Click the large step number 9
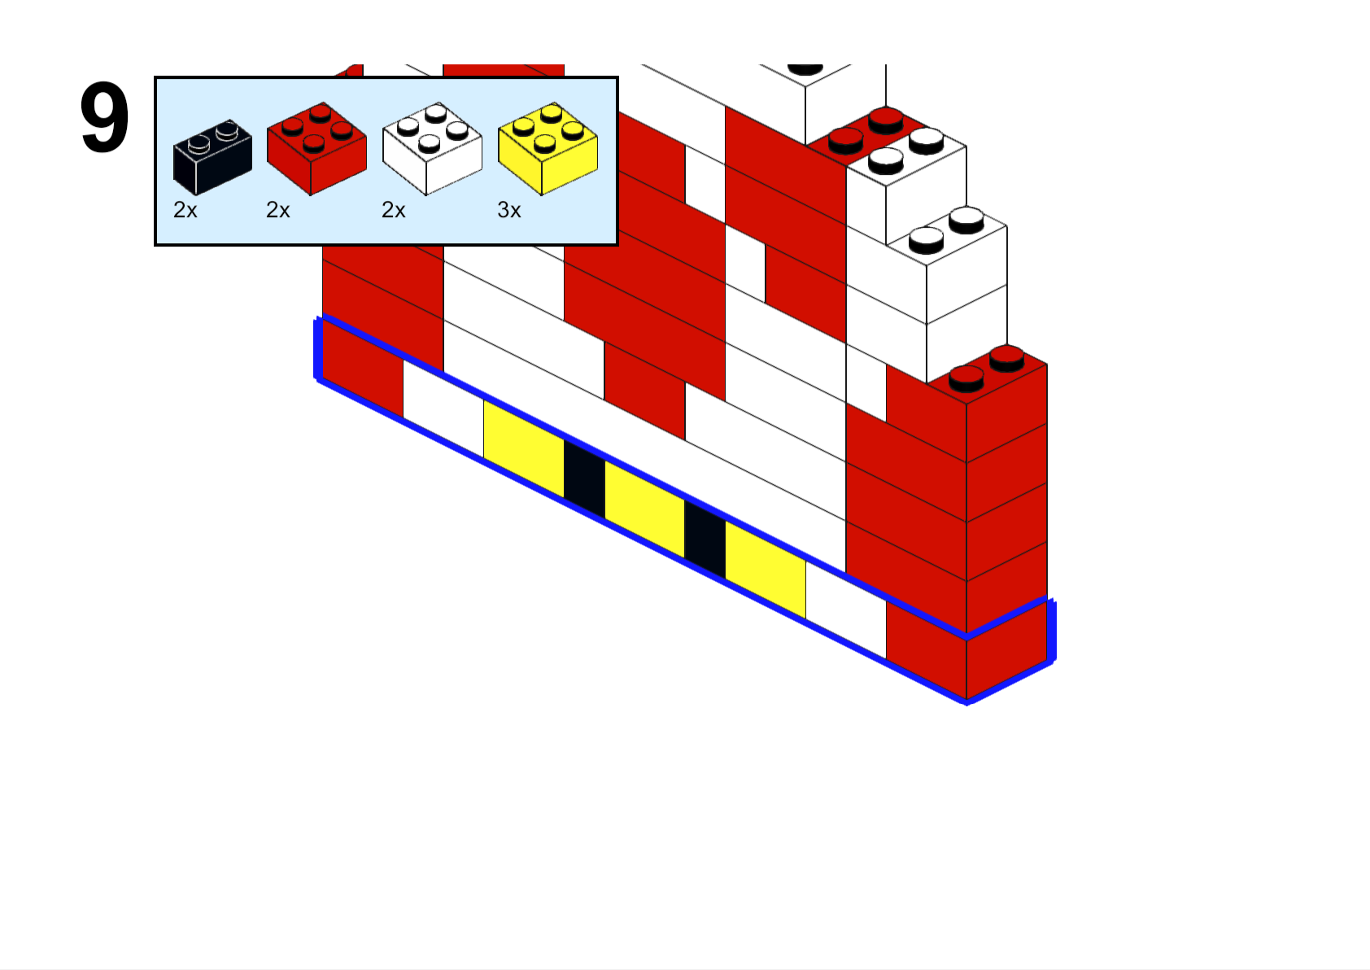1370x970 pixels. [x=104, y=117]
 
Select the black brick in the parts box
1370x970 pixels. [x=212, y=157]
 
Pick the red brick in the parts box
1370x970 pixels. [x=316, y=149]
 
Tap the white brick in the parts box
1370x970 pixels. [x=433, y=149]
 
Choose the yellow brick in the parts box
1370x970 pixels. [x=548, y=149]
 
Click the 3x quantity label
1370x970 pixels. [x=508, y=211]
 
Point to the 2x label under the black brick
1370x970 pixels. [x=185, y=211]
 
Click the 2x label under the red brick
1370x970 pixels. [x=277, y=211]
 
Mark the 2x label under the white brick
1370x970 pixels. [x=393, y=211]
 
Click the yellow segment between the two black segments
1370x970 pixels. [x=644, y=509]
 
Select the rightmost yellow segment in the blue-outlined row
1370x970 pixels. [x=765, y=569]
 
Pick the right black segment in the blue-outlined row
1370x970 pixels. [x=705, y=539]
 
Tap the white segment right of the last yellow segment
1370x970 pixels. [x=846, y=610]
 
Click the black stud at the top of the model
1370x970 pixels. [x=805, y=69]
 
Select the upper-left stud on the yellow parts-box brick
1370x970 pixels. [x=524, y=126]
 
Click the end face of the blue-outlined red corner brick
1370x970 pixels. [x=1006, y=649]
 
